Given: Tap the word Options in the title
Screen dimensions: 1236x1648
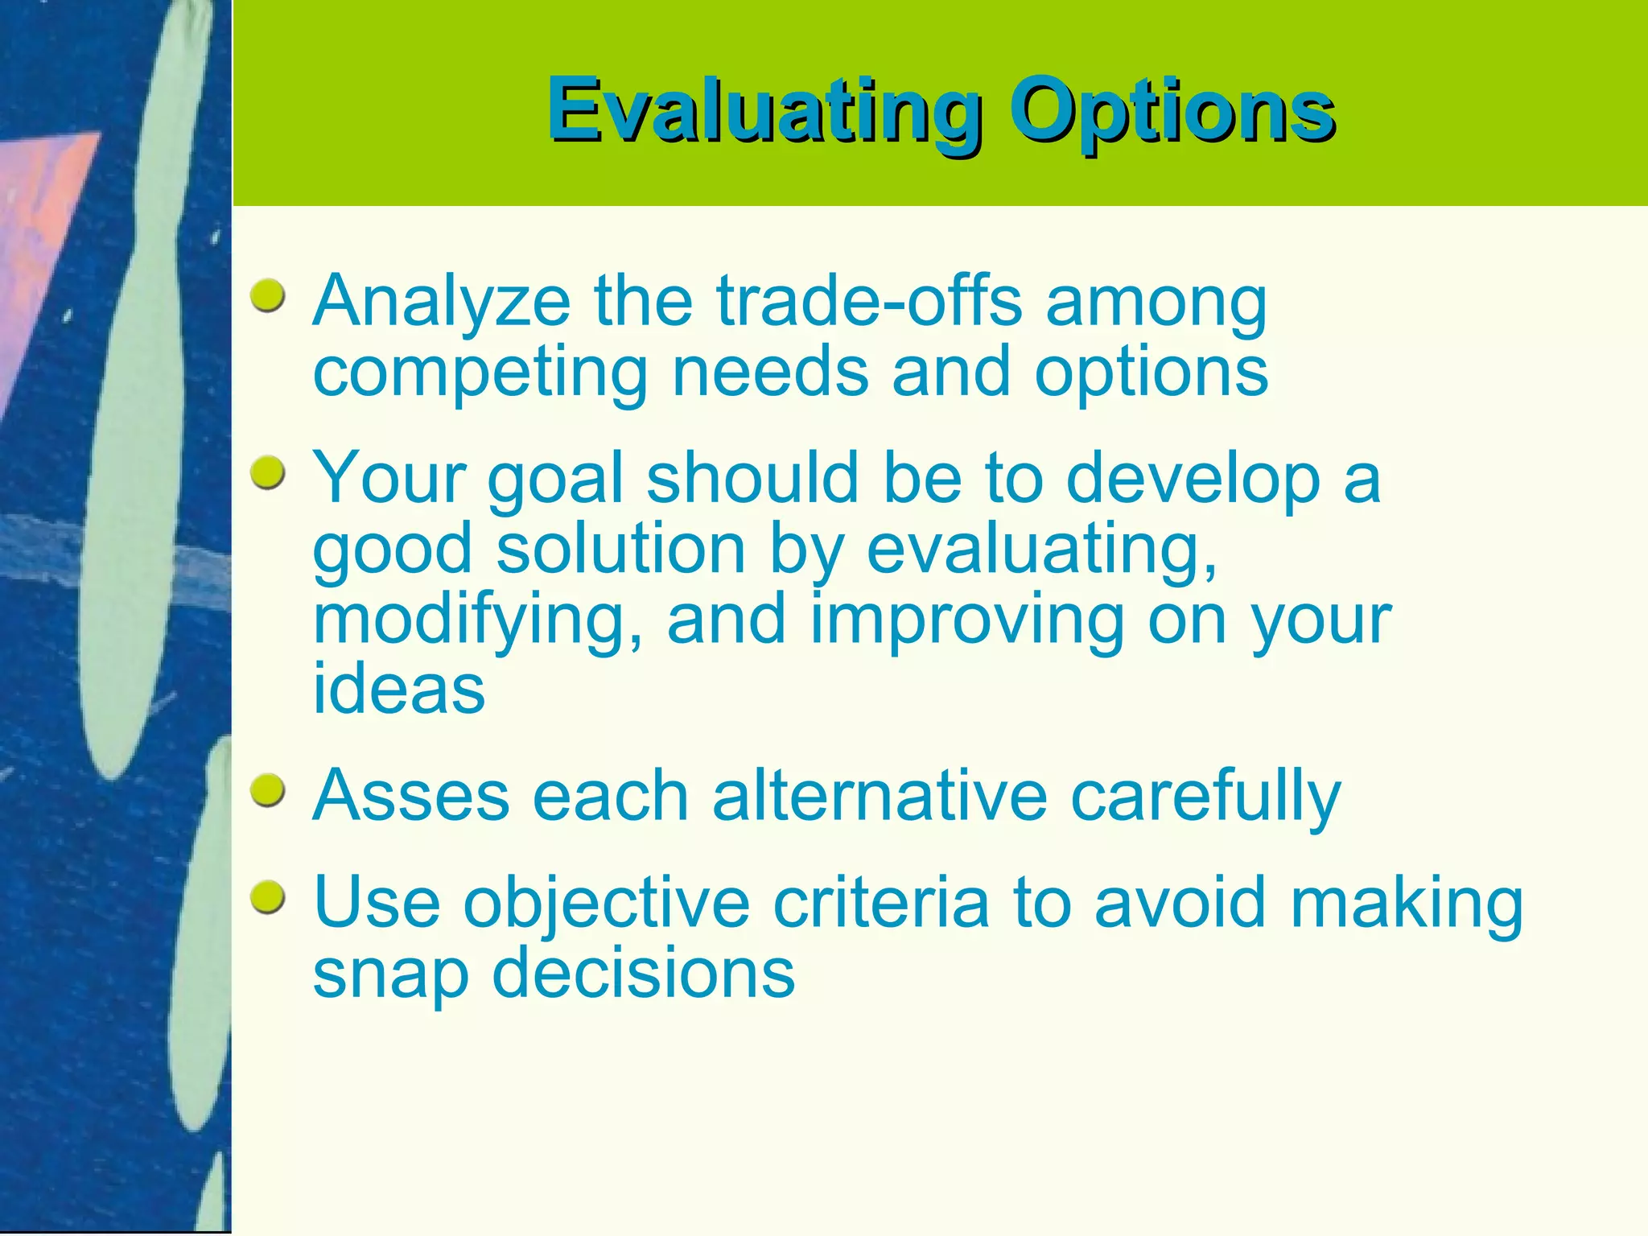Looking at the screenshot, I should coord(1172,110).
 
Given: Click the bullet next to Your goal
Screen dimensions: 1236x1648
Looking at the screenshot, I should coord(268,473).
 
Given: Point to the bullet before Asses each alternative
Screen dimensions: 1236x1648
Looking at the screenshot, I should coord(268,791).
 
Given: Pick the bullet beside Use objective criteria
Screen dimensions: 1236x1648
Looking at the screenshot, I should coord(268,897).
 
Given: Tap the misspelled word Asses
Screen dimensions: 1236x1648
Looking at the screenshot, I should coord(411,796).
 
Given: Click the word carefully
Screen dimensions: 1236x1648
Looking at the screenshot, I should coord(1205,797).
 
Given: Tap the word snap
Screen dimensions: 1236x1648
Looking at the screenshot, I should coord(390,975).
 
